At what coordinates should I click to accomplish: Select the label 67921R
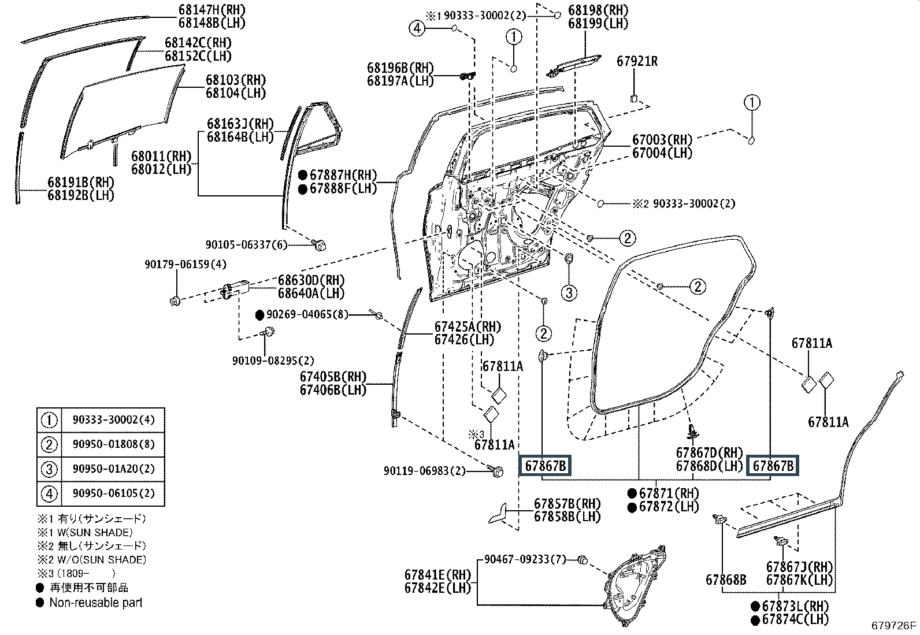click(x=637, y=61)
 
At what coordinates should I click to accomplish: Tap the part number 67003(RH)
click(x=662, y=140)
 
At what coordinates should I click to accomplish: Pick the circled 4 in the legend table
click(x=50, y=494)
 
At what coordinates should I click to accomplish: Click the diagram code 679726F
click(x=894, y=625)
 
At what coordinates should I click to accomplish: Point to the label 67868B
click(x=725, y=580)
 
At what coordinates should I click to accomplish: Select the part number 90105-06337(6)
click(x=247, y=245)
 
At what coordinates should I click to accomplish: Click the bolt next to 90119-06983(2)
click(x=498, y=471)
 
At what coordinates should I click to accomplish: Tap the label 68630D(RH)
click(x=311, y=280)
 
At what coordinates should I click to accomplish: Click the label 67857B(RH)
click(x=567, y=504)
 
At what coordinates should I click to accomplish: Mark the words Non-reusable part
click(x=95, y=603)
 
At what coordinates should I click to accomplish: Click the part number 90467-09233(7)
click(x=525, y=559)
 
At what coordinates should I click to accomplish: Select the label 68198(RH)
click(x=598, y=10)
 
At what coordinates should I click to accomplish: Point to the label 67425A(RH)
click(x=468, y=326)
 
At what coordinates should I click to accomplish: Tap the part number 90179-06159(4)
click(x=186, y=265)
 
